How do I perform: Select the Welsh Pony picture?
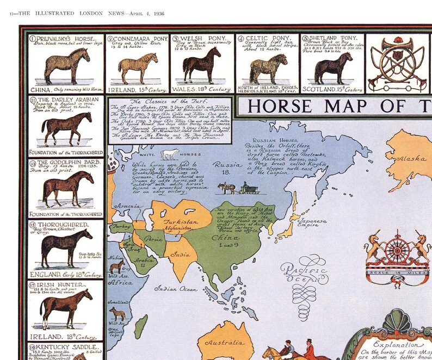point(202,64)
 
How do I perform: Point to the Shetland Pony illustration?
point(334,68)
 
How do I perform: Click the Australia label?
point(224,343)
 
